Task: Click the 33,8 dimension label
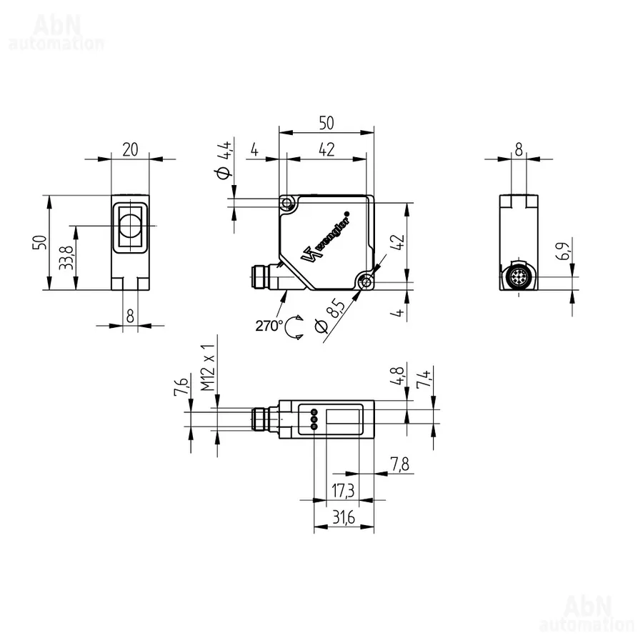(x=66, y=257)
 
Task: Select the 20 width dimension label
(x=130, y=150)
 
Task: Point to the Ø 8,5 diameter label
(x=331, y=316)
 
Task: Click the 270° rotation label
(x=269, y=326)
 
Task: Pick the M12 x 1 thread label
(x=208, y=368)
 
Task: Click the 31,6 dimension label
(x=344, y=517)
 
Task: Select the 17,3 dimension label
(x=343, y=490)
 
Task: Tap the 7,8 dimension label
(x=399, y=464)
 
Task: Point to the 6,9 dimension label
(x=563, y=251)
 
